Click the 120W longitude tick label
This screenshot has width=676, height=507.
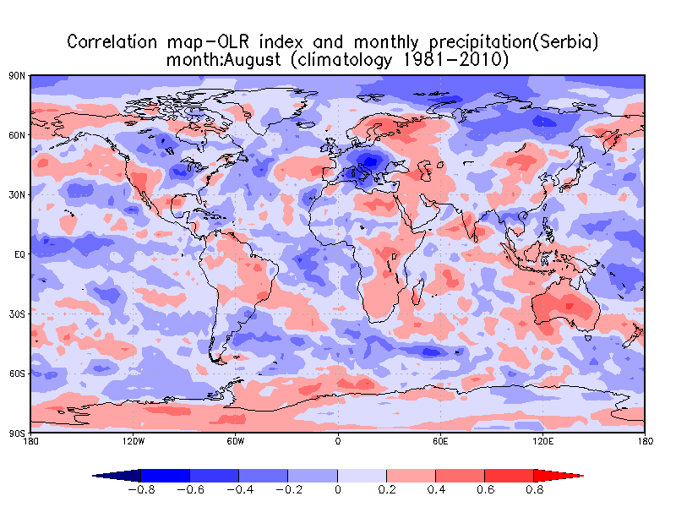click(x=134, y=440)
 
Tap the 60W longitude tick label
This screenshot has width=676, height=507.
click(x=236, y=440)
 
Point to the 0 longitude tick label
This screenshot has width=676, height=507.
click(x=338, y=440)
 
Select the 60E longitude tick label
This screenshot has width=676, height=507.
click(x=440, y=440)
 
